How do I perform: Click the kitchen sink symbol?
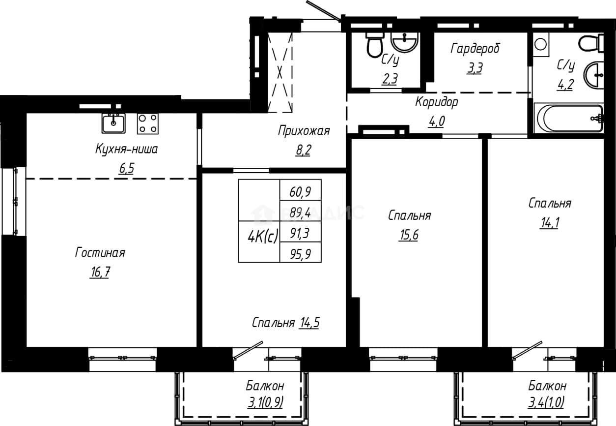tap(113, 123)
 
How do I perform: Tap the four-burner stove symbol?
tap(148, 124)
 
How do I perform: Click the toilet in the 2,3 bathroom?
tap(374, 45)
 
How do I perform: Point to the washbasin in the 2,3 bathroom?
tap(404, 42)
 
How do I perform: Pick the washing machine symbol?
tap(541, 45)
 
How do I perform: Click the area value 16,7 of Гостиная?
tap(100, 272)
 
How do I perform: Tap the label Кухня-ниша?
tap(127, 149)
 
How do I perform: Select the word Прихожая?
tap(304, 131)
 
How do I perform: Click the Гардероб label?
tap(475, 49)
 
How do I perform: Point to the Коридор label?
tap(437, 102)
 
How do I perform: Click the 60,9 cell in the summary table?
tap(300, 190)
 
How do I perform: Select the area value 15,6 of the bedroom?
tap(409, 235)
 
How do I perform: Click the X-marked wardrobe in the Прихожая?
tap(280, 72)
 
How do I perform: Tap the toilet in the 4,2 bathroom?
tap(590, 43)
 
